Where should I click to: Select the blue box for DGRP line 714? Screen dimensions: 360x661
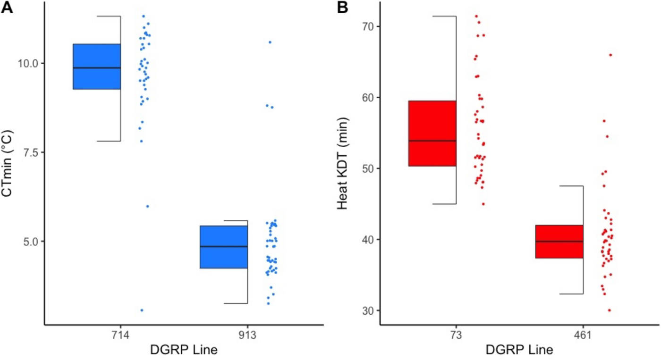[97, 67]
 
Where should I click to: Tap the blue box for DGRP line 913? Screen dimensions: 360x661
[224, 247]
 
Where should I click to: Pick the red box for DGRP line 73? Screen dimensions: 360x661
[432, 134]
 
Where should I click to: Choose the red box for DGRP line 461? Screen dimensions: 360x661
[559, 242]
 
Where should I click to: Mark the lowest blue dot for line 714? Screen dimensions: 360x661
[142, 310]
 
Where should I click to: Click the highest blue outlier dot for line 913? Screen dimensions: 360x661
[270, 42]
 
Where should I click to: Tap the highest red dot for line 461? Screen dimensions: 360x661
[610, 55]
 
